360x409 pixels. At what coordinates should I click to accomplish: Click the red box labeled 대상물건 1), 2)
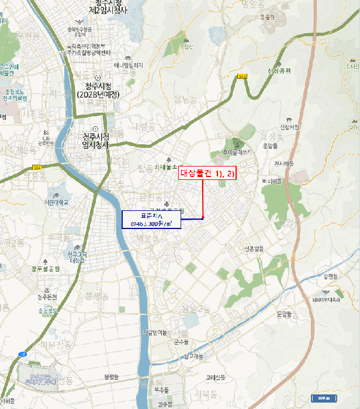[x=207, y=173]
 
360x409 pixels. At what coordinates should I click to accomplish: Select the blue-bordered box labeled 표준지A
[x=151, y=219]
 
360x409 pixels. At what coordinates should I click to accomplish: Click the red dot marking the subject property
[x=203, y=218]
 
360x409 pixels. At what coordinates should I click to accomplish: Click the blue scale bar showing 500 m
[x=324, y=398]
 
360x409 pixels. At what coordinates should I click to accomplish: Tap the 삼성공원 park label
[x=279, y=70]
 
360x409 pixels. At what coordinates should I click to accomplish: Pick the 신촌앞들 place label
[x=253, y=248]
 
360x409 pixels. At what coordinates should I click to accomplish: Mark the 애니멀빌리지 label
[x=129, y=66]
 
